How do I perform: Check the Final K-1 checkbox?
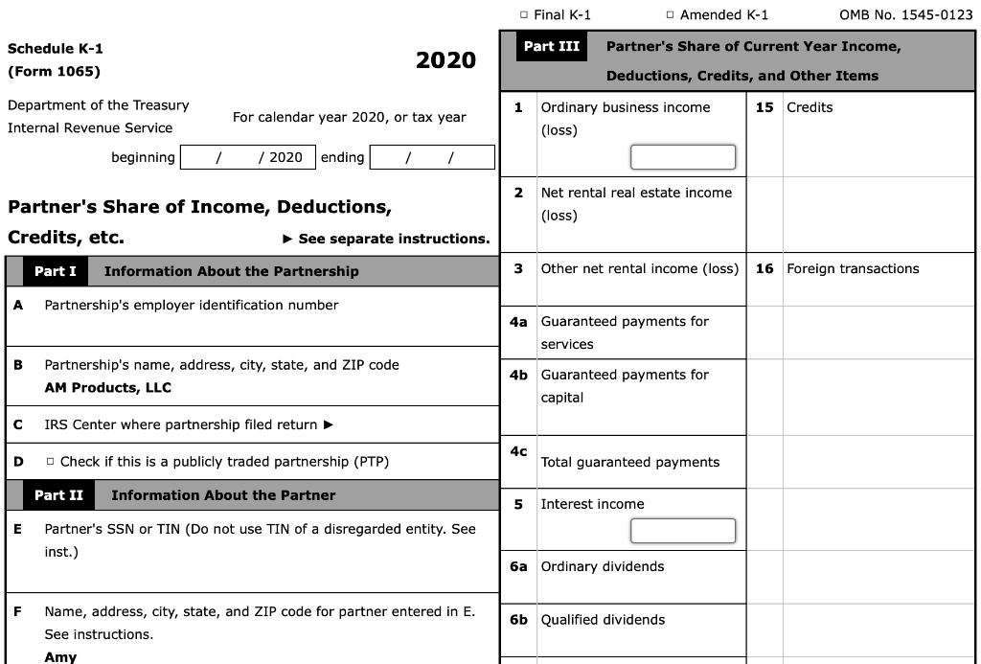tap(524, 15)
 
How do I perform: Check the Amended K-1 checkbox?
tap(671, 15)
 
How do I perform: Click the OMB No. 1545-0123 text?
tap(905, 15)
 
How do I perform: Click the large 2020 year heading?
tap(445, 60)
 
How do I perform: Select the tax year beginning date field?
tap(247, 157)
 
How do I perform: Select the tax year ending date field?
tap(431, 157)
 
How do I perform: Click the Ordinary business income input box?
tap(682, 156)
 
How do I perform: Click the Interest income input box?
tap(682, 530)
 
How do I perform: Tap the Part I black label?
tap(56, 271)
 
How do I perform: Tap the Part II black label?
tap(58, 495)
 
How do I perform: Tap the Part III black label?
tap(552, 47)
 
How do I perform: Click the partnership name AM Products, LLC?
tap(108, 388)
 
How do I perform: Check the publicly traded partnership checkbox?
tap(50, 463)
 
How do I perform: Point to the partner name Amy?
tap(60, 657)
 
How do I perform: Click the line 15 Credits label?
tap(810, 107)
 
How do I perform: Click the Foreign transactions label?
tap(853, 269)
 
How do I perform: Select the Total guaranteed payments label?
tap(629, 462)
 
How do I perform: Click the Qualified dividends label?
tap(603, 620)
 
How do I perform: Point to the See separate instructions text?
tap(394, 239)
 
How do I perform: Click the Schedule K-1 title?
tap(56, 49)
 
